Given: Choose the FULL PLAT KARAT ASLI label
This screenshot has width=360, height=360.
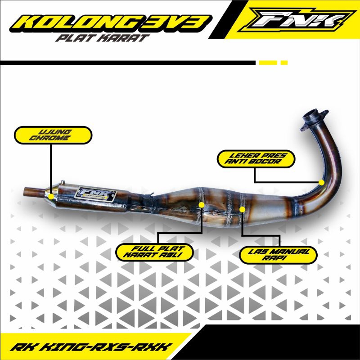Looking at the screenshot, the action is coord(154,252).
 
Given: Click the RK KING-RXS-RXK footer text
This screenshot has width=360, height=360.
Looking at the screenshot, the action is coord(90,347).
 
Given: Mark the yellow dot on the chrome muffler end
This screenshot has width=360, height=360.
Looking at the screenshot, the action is coord(51,196).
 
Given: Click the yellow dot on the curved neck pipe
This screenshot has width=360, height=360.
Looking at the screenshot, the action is coord(321,182).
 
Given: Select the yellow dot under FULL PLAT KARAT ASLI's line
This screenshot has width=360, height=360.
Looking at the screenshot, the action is coord(201,205).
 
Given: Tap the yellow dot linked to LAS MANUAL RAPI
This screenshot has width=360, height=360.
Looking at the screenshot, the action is coord(243,209).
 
